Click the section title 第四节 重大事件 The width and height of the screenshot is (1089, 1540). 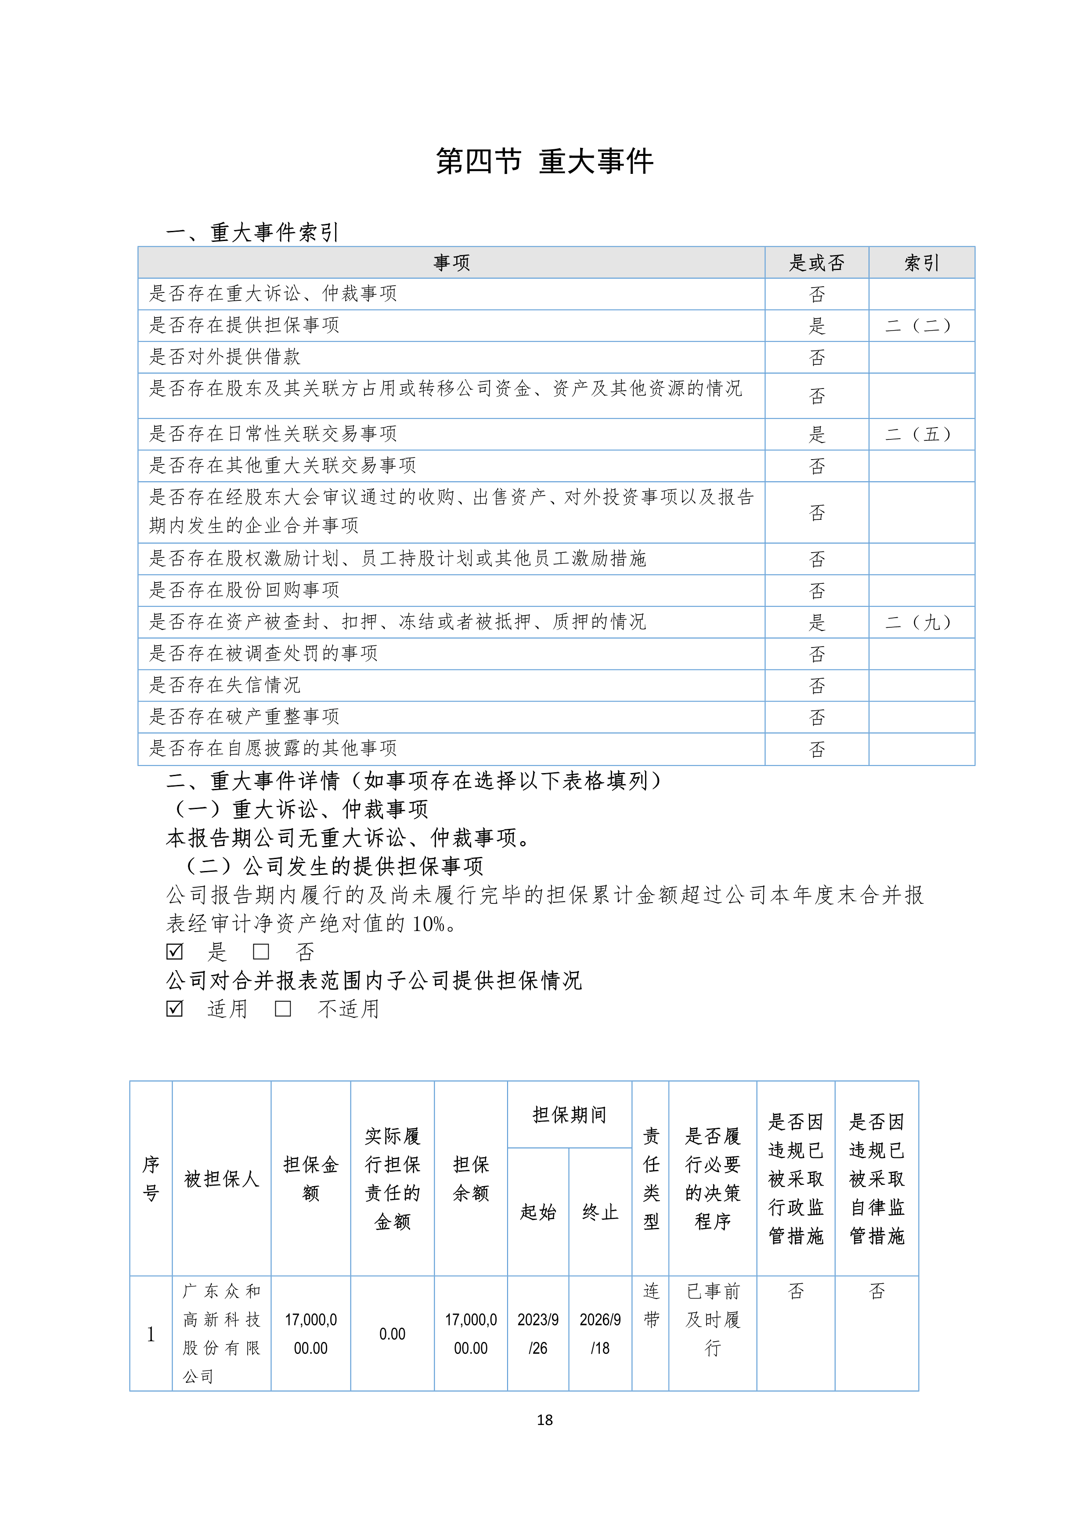pyautogui.click(x=544, y=162)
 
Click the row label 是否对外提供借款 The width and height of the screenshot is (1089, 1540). pyautogui.click(x=225, y=357)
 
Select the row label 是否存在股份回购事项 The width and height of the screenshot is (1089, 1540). pyautogui.click(x=244, y=590)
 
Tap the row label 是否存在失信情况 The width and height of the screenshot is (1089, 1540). pyautogui.click(x=225, y=685)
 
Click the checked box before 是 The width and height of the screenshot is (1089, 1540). pyautogui.click(x=174, y=951)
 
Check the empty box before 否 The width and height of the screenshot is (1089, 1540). pyautogui.click(x=261, y=951)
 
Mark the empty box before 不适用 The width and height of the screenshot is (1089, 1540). pyautogui.click(x=283, y=1009)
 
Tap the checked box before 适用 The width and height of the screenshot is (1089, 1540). pyautogui.click(x=174, y=1009)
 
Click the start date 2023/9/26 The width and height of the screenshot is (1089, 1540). pyautogui.click(x=537, y=1333)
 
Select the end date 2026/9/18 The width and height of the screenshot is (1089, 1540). pyautogui.click(x=600, y=1333)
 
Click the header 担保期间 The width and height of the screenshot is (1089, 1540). pyautogui.click(x=569, y=1115)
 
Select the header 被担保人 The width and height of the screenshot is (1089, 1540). pyautogui.click(x=221, y=1178)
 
